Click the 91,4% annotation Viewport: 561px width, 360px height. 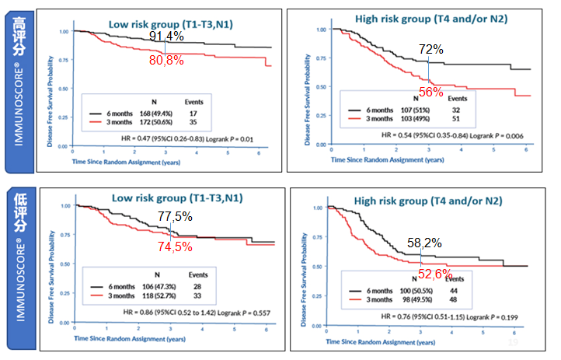pos(167,37)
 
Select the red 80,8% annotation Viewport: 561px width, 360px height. pos(166,59)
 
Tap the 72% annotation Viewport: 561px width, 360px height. pos(430,49)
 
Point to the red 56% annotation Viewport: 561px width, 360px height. pos(430,91)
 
